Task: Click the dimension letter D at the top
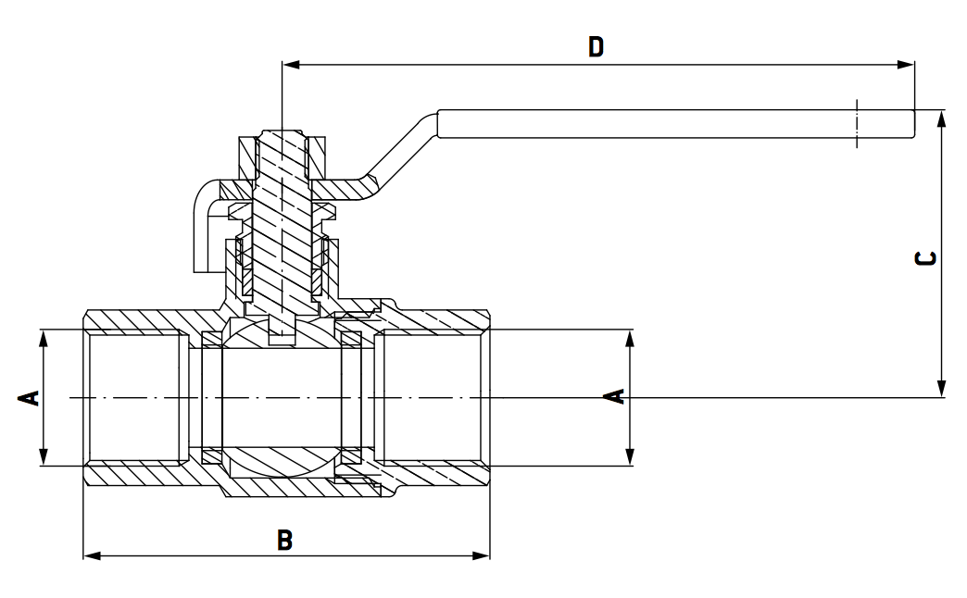pos(596,46)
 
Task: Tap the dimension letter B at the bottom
pos(284,540)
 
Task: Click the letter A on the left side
pos(30,398)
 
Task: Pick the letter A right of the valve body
pos(613,397)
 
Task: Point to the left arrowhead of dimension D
pos(290,65)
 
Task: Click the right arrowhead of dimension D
pos(907,65)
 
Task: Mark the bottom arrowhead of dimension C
pos(941,390)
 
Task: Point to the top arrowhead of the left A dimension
pos(44,336)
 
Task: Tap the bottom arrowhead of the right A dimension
pos(630,457)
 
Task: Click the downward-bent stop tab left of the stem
pos(203,231)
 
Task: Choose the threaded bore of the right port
pos(432,398)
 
